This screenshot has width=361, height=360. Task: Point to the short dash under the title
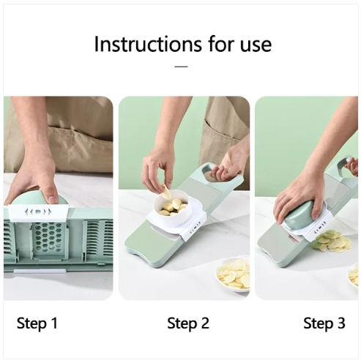pos(181,66)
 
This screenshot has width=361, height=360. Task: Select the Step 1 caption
pos(37,323)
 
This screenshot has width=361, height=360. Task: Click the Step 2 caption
pos(189,323)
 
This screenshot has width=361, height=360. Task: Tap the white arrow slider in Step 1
pos(37,212)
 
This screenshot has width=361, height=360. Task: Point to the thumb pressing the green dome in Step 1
pos(51,193)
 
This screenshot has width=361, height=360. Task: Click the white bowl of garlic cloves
pos(172,212)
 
